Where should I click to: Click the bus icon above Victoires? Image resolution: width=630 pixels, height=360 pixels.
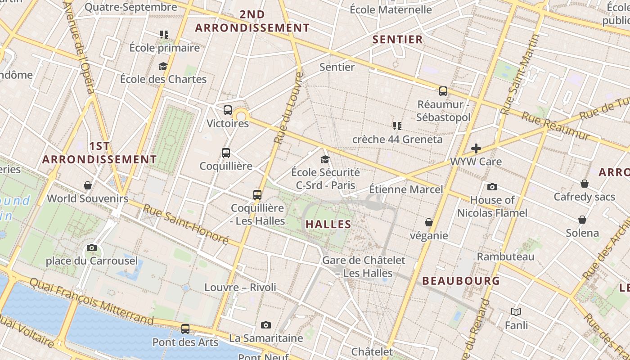click(x=227, y=110)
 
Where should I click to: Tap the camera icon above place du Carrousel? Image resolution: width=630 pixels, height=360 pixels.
click(x=92, y=247)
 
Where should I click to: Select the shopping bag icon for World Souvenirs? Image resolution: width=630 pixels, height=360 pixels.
click(x=88, y=185)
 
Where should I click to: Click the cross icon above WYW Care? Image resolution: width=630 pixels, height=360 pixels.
click(x=476, y=148)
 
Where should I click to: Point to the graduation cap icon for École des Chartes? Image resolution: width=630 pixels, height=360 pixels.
click(x=163, y=67)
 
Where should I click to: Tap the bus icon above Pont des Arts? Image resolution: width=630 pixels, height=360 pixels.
click(x=185, y=329)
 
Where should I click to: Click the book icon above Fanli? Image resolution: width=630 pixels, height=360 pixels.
click(x=516, y=312)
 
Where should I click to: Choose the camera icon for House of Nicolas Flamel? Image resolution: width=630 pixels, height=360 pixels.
click(x=492, y=187)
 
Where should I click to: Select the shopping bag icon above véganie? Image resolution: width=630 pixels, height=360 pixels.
click(x=429, y=222)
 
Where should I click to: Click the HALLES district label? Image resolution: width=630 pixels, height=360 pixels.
click(x=328, y=224)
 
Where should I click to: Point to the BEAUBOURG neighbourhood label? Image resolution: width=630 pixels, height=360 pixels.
click(x=461, y=281)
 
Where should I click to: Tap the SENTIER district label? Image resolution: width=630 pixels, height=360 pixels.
click(x=398, y=40)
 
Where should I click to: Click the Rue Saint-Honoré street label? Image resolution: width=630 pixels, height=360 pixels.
click(x=186, y=224)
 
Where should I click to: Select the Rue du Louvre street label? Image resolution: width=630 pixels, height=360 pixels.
click(x=288, y=108)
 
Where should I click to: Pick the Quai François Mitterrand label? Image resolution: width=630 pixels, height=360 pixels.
click(x=91, y=301)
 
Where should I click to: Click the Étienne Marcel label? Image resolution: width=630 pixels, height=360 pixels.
click(x=406, y=189)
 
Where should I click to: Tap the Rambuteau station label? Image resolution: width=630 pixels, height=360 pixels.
click(x=505, y=257)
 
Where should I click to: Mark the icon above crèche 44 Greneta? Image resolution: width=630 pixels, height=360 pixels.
click(x=397, y=126)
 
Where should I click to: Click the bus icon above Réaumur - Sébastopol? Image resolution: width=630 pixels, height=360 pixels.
click(x=443, y=91)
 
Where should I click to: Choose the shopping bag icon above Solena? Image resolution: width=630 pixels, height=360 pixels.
click(x=582, y=220)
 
